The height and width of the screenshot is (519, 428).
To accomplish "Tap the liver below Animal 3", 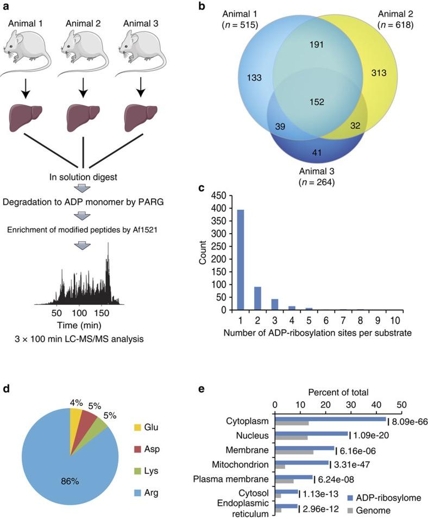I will click(x=140, y=116).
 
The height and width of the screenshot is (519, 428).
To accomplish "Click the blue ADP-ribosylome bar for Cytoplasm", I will click(x=330, y=418).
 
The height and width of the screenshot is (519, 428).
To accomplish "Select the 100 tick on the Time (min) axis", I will click(x=79, y=314).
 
